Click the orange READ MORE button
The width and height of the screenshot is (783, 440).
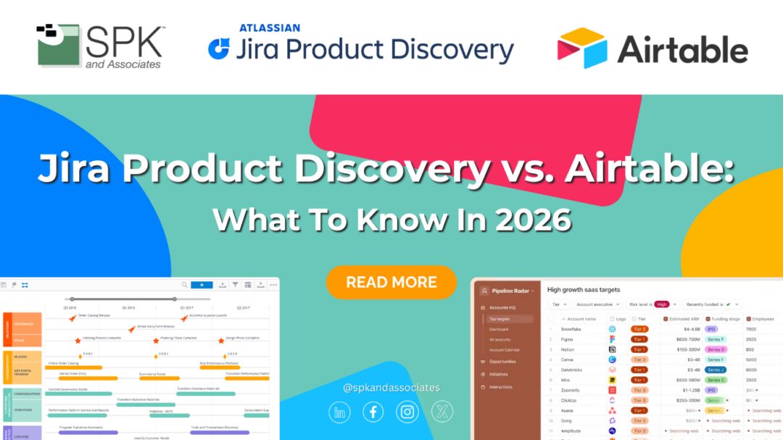391,282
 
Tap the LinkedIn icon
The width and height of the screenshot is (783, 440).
339,412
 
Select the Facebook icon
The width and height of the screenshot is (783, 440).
373,412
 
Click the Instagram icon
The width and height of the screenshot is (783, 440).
407,412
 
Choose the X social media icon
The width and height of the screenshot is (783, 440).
442,412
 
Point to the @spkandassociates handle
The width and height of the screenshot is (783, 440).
391,388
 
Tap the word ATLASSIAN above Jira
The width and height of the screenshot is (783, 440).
270,28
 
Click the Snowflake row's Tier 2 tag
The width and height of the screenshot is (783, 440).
639,329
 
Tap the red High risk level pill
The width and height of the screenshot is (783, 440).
661,304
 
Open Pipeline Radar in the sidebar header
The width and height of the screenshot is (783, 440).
512,291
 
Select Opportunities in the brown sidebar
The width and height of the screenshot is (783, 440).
504,361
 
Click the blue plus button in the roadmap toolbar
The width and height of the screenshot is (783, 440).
202,285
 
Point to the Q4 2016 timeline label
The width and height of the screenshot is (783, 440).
128,307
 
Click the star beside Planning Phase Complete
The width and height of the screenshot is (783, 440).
156,339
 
